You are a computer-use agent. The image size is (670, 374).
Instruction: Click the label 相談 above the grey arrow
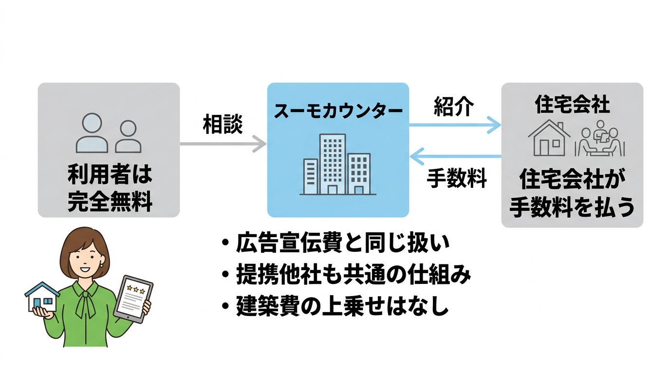(223, 125)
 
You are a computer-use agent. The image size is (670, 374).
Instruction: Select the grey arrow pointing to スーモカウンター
(223, 144)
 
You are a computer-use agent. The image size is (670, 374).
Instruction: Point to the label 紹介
(453, 107)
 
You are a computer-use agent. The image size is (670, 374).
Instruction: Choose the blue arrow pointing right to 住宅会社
(455, 125)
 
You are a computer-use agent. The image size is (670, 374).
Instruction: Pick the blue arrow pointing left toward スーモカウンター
(455, 156)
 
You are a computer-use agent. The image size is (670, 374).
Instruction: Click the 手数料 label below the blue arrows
(457, 178)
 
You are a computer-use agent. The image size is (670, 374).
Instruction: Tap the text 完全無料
(109, 201)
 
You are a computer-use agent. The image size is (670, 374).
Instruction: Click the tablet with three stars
(133, 298)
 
